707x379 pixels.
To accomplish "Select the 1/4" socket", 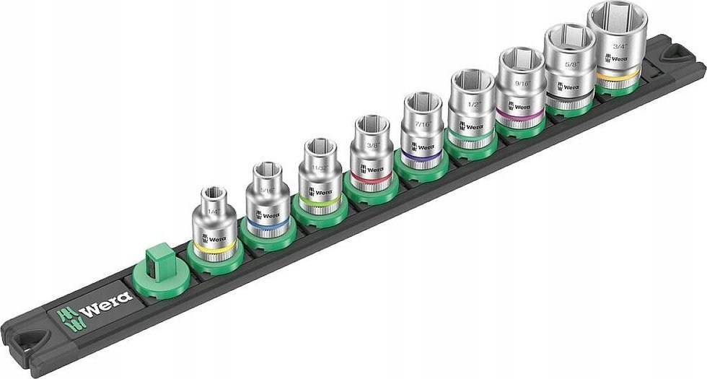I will [x=213, y=224].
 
